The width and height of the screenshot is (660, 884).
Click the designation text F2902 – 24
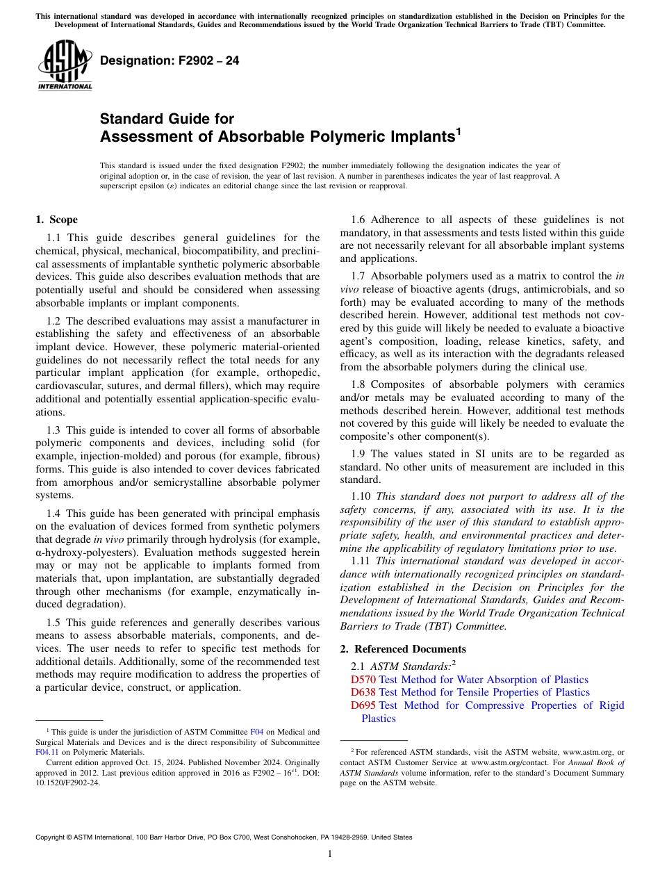170,61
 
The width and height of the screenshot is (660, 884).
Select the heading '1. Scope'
56,220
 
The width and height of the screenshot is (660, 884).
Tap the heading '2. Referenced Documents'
402,649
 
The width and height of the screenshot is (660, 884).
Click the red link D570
363,680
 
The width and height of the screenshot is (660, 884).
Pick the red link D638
363,692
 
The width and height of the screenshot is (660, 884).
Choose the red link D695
363,705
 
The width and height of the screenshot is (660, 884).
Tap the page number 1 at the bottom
330,854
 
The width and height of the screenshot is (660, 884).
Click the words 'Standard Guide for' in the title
167,119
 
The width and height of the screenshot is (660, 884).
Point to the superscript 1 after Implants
458,131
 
